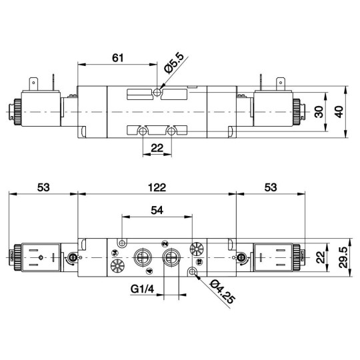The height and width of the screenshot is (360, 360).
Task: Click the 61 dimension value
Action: tap(118, 58)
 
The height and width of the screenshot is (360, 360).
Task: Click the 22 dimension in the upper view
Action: tap(157, 148)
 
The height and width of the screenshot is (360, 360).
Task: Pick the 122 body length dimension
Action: tap(157, 187)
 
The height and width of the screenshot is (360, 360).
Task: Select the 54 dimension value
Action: tap(157, 210)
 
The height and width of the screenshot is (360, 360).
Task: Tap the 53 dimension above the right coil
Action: tap(269, 187)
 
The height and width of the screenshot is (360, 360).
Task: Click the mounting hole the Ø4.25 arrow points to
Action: tap(193, 271)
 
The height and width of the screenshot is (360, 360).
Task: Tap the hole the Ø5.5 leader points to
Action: tap(157, 92)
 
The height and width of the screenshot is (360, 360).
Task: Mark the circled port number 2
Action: tap(165, 245)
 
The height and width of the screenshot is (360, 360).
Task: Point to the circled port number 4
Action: tap(148, 271)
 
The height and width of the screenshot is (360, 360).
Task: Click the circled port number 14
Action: tap(115, 254)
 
